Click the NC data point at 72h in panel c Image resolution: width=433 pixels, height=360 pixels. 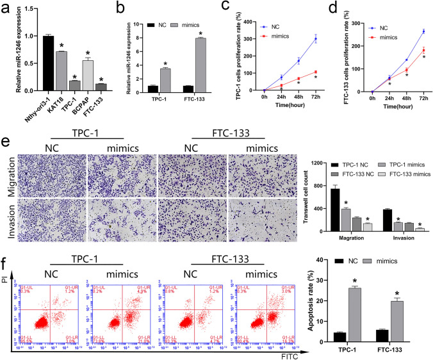pos(315,39)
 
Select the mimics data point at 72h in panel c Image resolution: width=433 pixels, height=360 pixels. pos(315,72)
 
